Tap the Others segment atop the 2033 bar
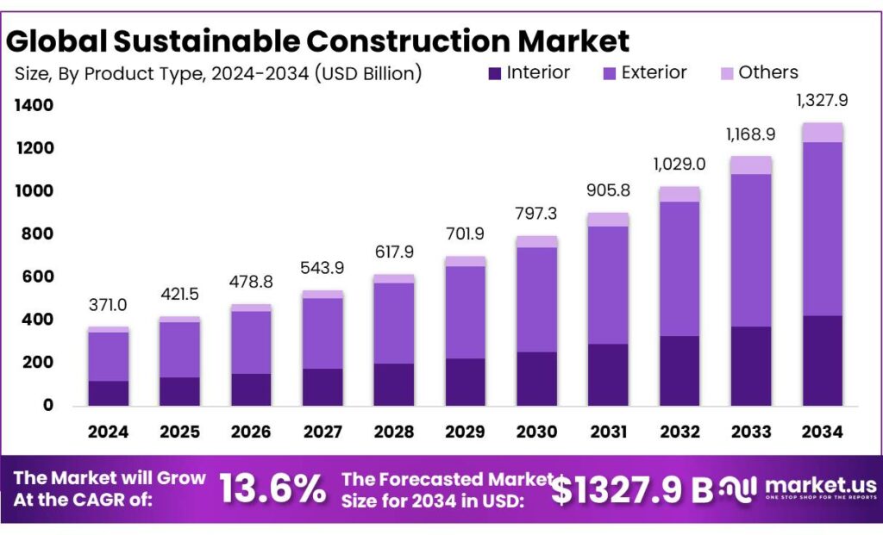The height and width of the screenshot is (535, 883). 751,165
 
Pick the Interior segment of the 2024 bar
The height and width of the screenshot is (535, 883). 108,393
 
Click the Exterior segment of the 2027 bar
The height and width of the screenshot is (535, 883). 323,333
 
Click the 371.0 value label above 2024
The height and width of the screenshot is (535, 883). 108,305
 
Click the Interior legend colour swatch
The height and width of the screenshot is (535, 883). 494,73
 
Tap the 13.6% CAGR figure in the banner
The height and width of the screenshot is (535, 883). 272,488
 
